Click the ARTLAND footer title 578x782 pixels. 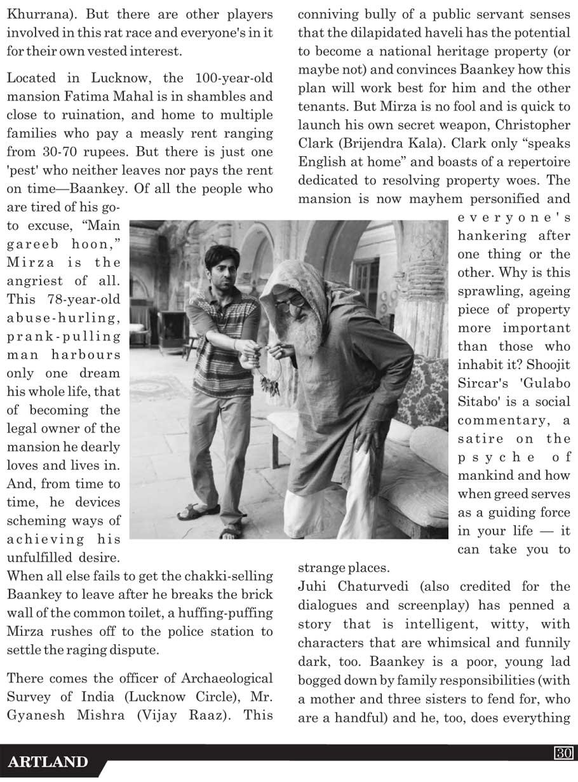(48, 762)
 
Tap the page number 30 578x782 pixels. (564, 753)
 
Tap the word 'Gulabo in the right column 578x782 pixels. (546, 383)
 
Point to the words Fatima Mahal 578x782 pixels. (107, 97)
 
